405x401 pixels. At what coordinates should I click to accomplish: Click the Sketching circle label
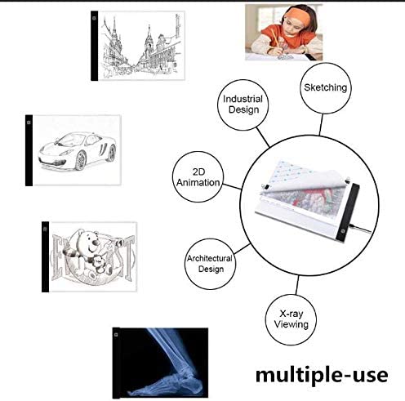(x=325, y=88)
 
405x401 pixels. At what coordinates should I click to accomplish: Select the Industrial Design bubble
(x=243, y=105)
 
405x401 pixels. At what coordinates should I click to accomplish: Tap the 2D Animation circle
(x=198, y=177)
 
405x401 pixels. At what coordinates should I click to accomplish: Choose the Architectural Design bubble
(x=210, y=264)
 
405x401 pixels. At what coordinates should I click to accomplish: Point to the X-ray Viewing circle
(x=291, y=319)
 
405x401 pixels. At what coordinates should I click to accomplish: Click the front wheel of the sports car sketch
(x=81, y=161)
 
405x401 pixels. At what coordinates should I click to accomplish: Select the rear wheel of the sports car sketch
(x=112, y=153)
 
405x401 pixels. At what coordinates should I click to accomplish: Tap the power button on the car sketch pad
(x=29, y=123)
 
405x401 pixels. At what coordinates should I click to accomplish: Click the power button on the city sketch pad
(x=94, y=18)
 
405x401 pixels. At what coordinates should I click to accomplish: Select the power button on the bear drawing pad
(x=45, y=229)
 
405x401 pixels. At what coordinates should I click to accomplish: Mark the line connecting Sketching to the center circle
(x=321, y=124)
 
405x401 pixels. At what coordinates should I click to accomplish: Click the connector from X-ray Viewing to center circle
(x=296, y=285)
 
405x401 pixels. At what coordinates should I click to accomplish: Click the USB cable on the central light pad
(x=360, y=229)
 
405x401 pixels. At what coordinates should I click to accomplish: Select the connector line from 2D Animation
(x=232, y=186)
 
